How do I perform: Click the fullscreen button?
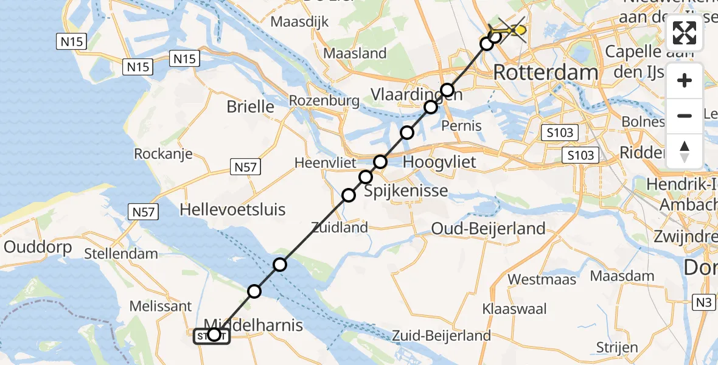pos(685,33)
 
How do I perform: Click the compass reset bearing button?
pos(685,151)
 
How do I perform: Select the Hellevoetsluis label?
pos(232,210)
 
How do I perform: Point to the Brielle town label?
pos(250,106)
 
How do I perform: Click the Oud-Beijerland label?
pos(488,229)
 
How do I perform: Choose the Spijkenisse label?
pos(406,191)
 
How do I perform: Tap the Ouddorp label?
pos(38,248)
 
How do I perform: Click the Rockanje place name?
pos(164,153)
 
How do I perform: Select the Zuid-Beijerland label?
pos(441,335)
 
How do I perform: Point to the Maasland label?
pos(355,54)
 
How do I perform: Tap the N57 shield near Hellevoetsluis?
pos(144,212)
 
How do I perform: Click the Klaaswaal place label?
pos(514,309)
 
